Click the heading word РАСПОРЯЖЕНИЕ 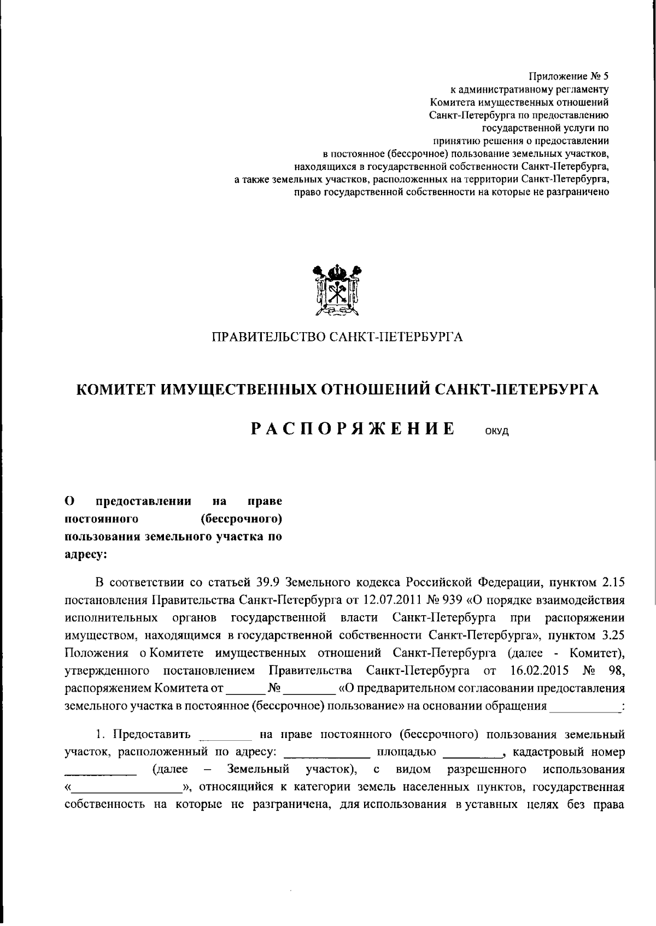(353, 429)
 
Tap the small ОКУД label (496, 432)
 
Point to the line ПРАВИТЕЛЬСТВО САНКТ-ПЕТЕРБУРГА (337, 337)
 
